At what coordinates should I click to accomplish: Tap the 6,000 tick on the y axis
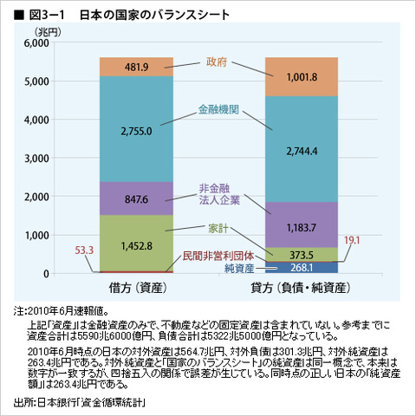point(36,44)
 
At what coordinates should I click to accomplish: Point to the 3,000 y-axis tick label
point(36,159)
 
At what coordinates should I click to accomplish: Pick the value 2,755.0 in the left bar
point(138,131)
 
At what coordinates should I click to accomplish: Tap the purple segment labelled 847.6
point(138,198)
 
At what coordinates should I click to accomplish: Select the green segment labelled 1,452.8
point(138,246)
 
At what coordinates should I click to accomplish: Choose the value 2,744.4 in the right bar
point(301,149)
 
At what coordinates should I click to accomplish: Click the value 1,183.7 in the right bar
point(301,228)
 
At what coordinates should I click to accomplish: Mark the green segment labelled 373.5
point(301,255)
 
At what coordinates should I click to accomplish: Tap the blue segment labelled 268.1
point(301,269)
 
